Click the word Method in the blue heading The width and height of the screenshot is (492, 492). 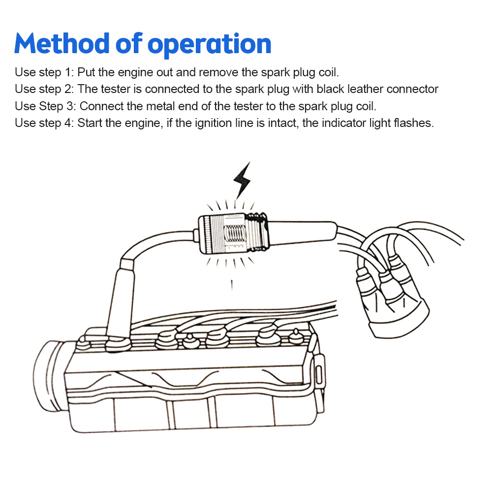[x=61, y=43]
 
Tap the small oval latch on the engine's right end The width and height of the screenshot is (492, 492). [x=319, y=374]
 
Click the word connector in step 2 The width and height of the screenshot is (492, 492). [x=412, y=89]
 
